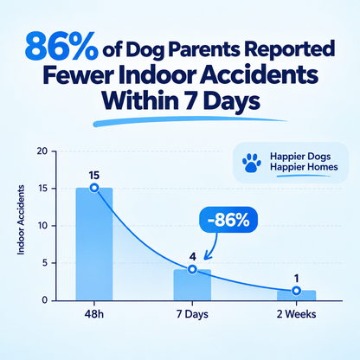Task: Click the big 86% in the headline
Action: click(x=61, y=47)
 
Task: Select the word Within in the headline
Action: click(x=139, y=100)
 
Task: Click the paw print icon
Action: click(x=252, y=163)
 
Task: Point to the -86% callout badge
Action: click(x=228, y=220)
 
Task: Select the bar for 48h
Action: click(x=94, y=244)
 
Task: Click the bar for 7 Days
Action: click(x=192, y=285)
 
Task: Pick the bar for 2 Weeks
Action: click(x=296, y=295)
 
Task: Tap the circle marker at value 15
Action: click(x=94, y=188)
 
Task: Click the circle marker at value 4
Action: click(x=192, y=269)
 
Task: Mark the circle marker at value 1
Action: click(x=296, y=291)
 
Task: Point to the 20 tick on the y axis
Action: click(x=42, y=151)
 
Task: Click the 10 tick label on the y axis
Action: click(x=42, y=226)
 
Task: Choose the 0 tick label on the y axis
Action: click(x=45, y=300)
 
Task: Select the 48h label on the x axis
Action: click(x=94, y=314)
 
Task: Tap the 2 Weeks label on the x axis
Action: click(x=296, y=314)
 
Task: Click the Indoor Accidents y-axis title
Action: click(x=21, y=220)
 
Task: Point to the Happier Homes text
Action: click(x=304, y=167)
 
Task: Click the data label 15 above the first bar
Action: click(x=94, y=176)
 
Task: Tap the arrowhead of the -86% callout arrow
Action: click(x=207, y=256)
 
